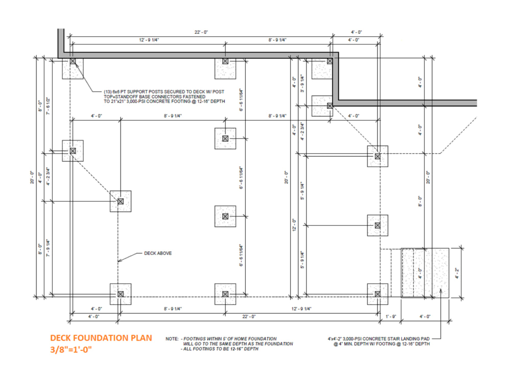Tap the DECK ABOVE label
click(157, 253)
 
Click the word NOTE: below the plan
click(172, 339)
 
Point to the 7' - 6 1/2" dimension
click(48, 106)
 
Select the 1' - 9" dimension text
click(391, 317)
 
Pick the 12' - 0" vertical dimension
click(293, 224)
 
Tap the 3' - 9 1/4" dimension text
click(303, 84)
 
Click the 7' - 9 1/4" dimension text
click(48, 248)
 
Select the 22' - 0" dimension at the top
click(201, 32)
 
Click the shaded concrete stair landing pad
click(425, 273)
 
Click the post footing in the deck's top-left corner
click(73, 68)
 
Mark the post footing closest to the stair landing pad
click(377, 294)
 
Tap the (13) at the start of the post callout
click(107, 92)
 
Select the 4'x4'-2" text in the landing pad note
click(339, 338)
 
